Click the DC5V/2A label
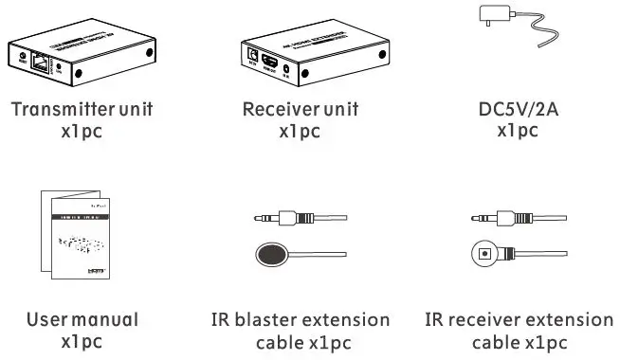tap(518, 109)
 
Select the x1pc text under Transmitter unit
tap(81, 131)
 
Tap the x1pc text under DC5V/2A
tap(518, 130)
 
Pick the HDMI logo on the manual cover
tap(91, 269)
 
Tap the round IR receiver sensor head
tap(486, 255)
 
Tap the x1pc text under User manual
tap(82, 341)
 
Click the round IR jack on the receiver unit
tap(300, 63)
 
